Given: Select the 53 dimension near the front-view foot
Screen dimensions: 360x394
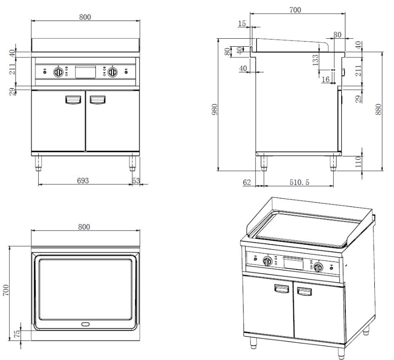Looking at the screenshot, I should [136, 180].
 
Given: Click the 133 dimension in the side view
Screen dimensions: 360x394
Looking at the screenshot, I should [315, 59].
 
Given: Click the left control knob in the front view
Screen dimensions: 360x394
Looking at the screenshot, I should [59, 72].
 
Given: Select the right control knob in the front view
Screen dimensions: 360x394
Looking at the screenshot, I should [112, 72].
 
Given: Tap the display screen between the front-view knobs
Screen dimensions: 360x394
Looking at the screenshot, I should [86, 71].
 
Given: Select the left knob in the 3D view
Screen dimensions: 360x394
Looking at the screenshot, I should [267, 261].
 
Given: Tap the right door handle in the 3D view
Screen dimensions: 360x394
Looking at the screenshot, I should [304, 292].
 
